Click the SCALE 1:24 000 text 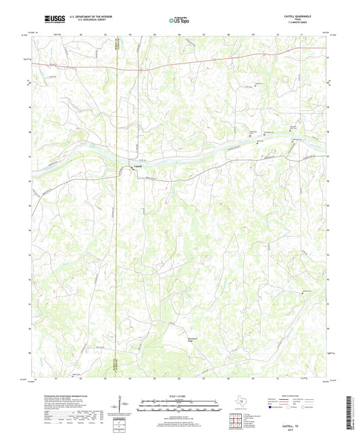tap(179, 396)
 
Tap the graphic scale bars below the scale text tap(179, 407)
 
